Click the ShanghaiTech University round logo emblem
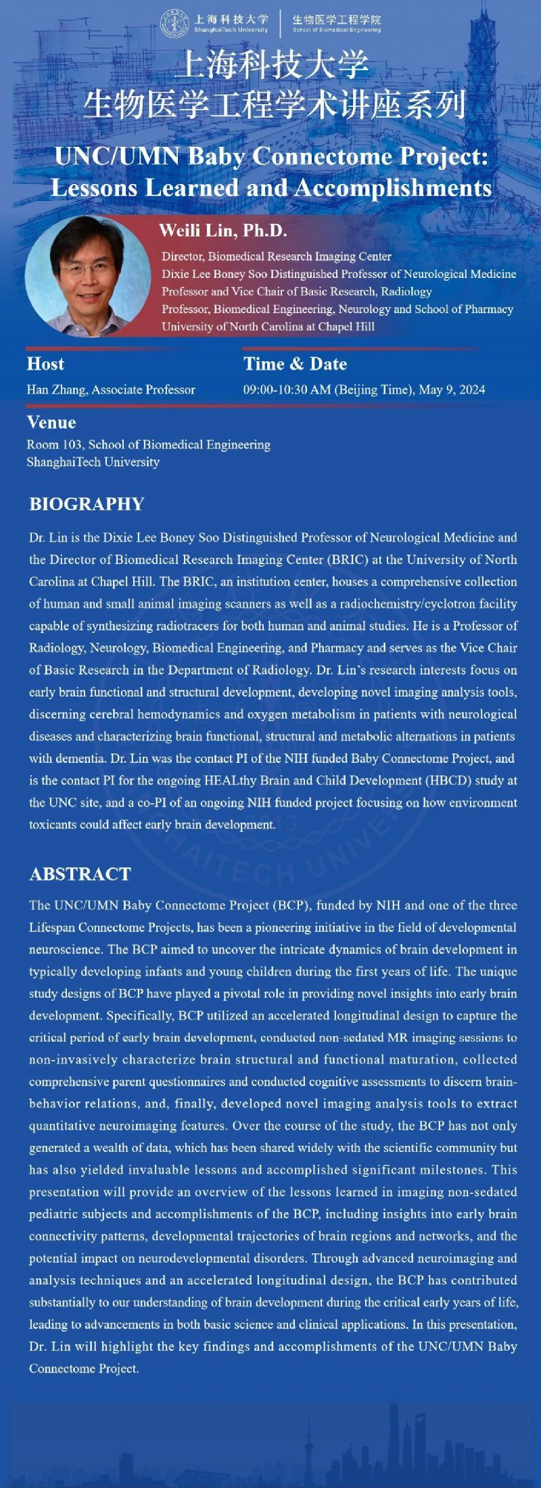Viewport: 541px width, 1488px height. click(x=174, y=24)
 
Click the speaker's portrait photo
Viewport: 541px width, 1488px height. click(x=88, y=277)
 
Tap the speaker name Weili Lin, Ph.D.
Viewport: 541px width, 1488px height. click(x=223, y=230)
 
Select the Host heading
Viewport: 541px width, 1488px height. click(x=45, y=364)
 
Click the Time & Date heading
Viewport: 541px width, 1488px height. click(x=295, y=364)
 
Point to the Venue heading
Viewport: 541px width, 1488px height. click(x=51, y=423)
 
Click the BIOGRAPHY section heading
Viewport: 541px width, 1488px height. click(x=87, y=504)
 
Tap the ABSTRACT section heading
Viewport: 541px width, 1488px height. click(x=80, y=874)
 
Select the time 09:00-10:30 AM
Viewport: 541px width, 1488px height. click(x=287, y=390)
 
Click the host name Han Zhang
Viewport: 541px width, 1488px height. click(x=56, y=390)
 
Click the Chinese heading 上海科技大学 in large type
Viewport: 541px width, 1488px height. click(x=272, y=66)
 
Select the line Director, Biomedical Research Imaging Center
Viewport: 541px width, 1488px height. click(x=276, y=256)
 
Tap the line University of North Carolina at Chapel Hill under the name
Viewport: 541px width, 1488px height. click(x=268, y=327)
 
